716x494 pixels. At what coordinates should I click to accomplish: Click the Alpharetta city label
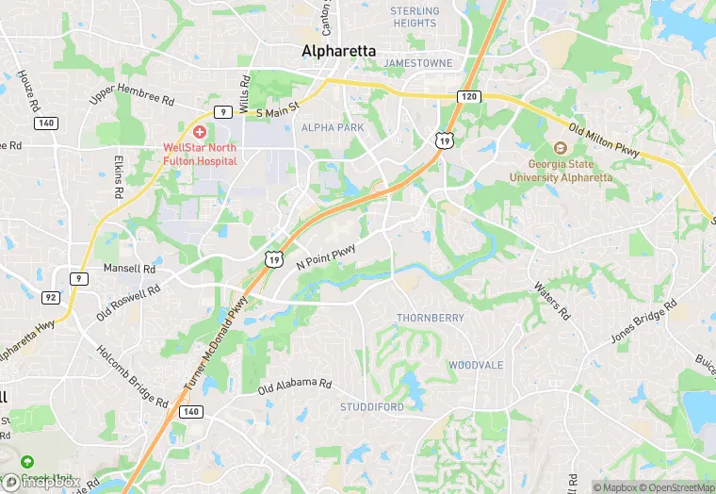[x=338, y=51]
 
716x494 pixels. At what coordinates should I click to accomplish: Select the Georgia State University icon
[x=561, y=149]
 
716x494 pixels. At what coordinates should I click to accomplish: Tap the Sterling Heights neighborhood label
[x=415, y=17]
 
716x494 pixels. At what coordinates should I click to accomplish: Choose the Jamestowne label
[x=418, y=63]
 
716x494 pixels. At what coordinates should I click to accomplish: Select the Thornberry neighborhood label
[x=430, y=318]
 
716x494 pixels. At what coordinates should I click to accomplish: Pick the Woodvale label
[x=476, y=365]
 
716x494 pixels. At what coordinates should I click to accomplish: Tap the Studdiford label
[x=372, y=407]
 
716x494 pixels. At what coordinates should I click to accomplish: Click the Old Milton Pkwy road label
[x=605, y=140]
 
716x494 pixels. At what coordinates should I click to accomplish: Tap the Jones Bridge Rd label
[x=643, y=321]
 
